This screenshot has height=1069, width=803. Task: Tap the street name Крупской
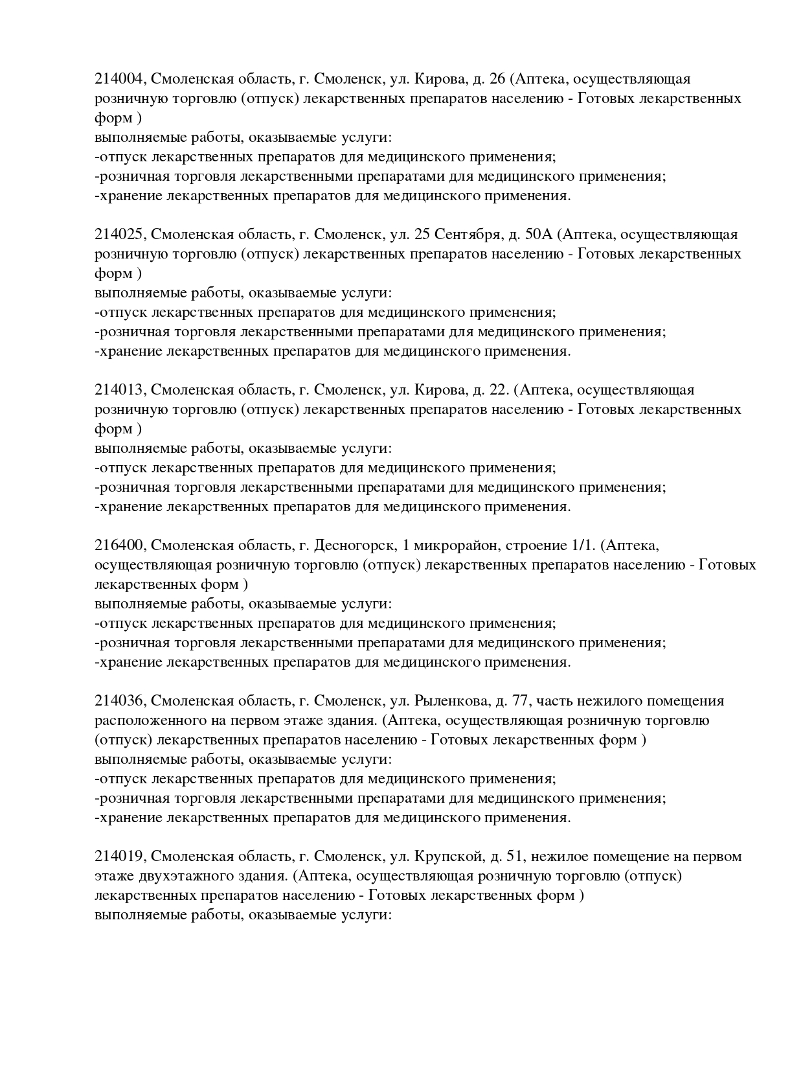point(447,856)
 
